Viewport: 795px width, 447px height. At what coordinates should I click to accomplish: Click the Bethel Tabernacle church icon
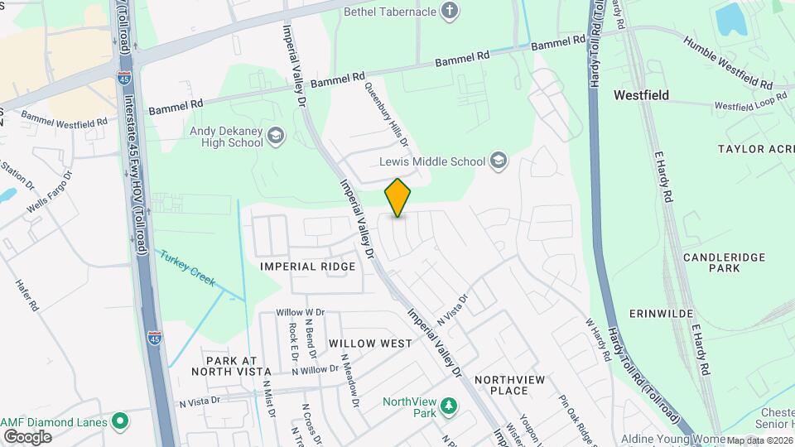450,11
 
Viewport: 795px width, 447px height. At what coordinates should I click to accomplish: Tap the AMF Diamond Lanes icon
121,421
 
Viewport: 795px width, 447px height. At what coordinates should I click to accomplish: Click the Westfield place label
641,95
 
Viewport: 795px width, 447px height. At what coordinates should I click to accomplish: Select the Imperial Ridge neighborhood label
307,267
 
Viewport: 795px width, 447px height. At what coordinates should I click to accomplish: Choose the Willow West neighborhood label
370,343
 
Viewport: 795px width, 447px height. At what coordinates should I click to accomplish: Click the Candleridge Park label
724,263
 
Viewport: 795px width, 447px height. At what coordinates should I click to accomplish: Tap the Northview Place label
512,385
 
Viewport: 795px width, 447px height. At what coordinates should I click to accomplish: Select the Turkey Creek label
188,268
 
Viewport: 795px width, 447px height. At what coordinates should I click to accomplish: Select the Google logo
26,436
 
